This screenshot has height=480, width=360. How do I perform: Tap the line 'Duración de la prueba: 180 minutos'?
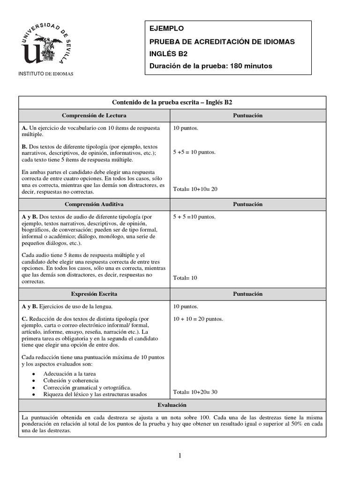coord(210,66)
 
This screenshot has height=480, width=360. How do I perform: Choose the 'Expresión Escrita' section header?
coord(94,294)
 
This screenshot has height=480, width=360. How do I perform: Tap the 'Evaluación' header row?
coord(172,405)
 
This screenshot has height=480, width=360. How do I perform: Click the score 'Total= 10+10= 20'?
coord(195,189)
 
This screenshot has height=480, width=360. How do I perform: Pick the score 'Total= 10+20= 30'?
coord(195,392)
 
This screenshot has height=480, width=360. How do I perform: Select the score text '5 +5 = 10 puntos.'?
coord(194,152)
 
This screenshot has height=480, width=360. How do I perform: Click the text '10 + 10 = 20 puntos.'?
coord(198,319)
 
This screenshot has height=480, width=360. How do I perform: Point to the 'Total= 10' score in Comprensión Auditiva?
coord(185,278)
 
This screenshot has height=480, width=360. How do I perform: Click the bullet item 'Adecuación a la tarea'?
coord(69,374)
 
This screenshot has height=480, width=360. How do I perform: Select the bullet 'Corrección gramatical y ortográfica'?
coord(87,388)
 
